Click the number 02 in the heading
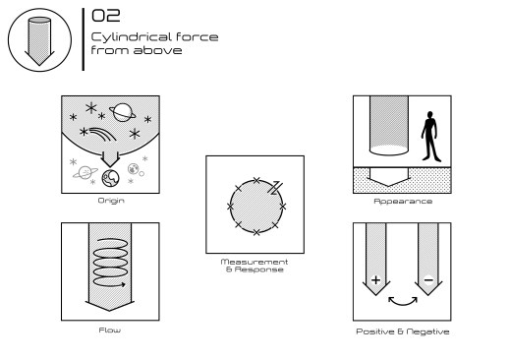coord(106,16)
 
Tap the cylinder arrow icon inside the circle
coord(39,41)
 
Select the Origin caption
coord(111,201)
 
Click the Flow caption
coord(110,330)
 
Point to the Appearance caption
coord(403,201)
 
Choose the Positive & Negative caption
coord(403,331)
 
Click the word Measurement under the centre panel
coord(255,262)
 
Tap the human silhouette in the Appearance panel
coord(430,136)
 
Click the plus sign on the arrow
coord(376,280)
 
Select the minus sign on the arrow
coord(428,279)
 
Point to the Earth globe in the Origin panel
coord(110,178)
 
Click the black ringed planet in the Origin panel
coord(122,112)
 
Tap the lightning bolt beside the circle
coord(275,188)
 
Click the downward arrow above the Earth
coord(110,159)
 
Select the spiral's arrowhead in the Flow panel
coord(123,284)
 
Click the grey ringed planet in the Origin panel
coord(85,172)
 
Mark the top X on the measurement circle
coord(256,180)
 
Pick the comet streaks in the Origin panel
coord(103,134)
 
